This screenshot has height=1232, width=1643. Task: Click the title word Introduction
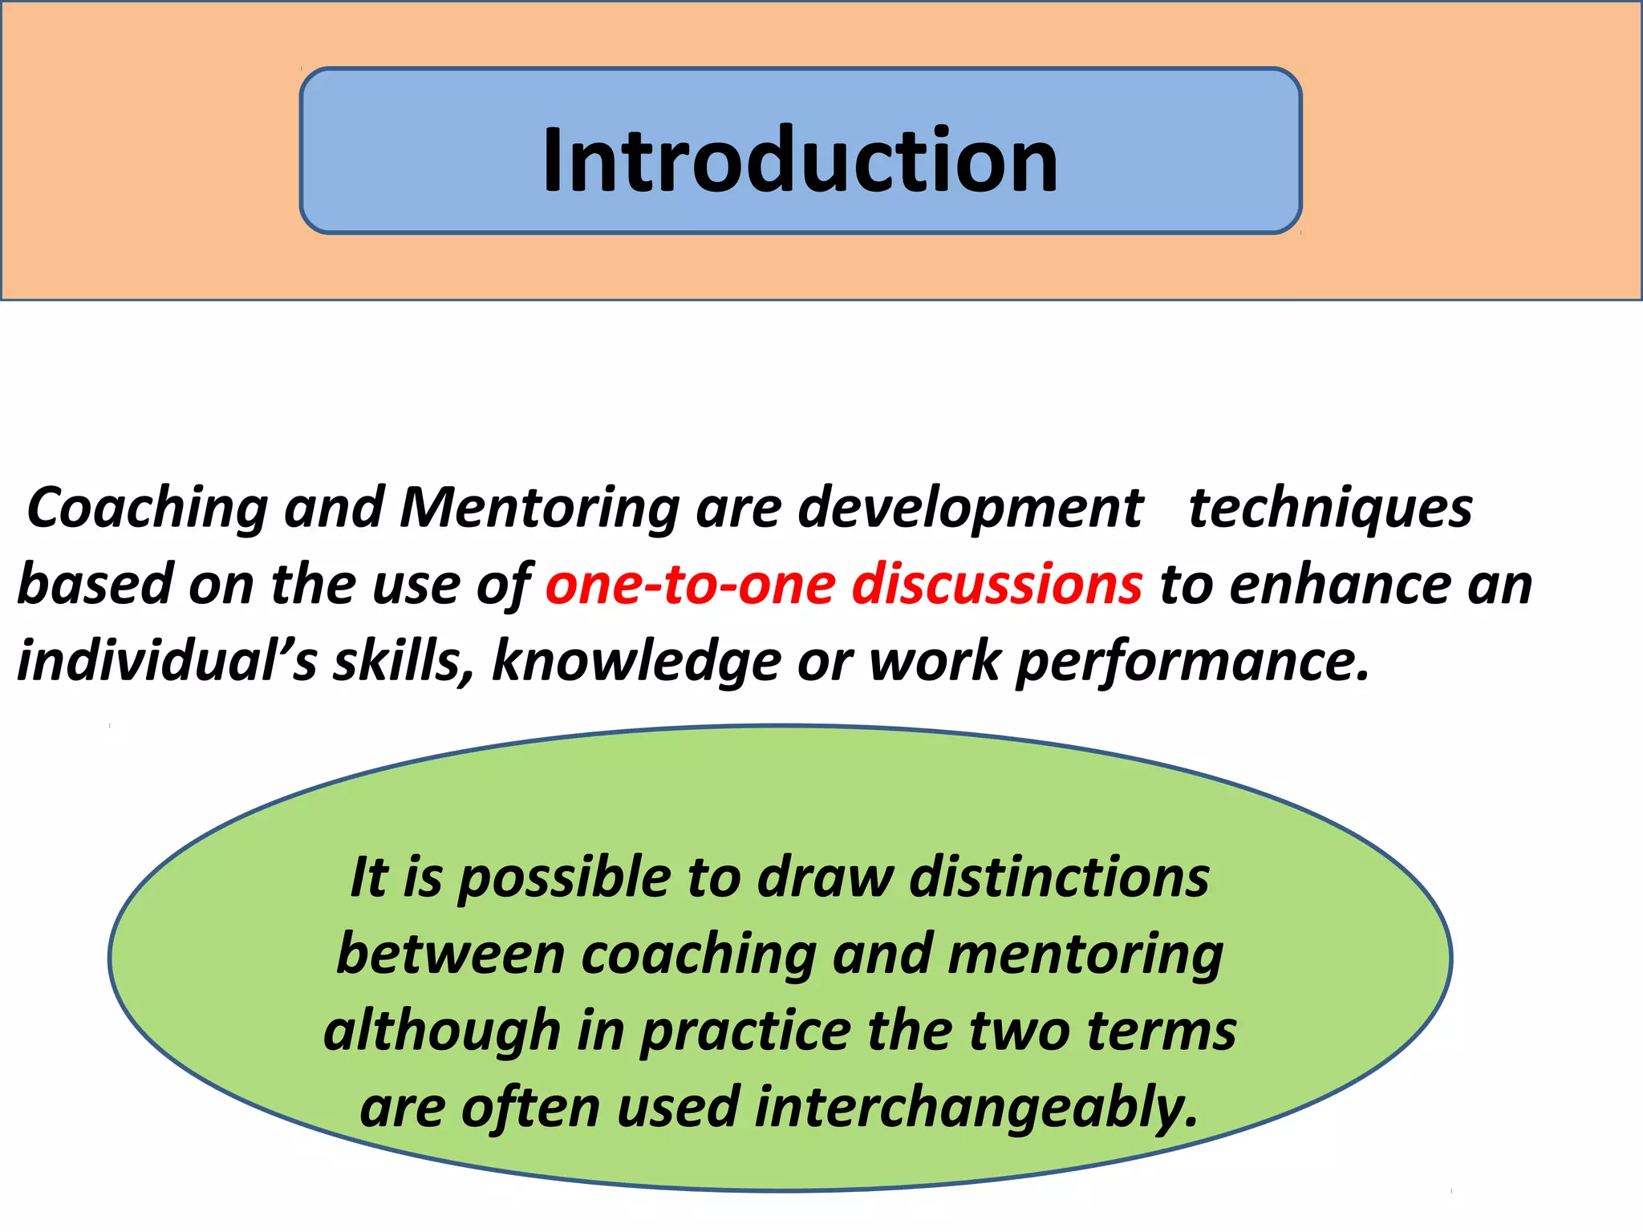pos(800,161)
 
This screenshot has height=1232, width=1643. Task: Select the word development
pos(970,509)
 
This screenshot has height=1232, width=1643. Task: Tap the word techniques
pos(1330,509)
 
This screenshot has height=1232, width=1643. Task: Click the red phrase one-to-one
pos(690,584)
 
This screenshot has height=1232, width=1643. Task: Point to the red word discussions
pos(996,584)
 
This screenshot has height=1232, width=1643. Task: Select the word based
pos(94,584)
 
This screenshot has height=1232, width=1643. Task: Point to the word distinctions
pos(1059,877)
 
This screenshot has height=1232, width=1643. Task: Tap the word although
pos(442,1031)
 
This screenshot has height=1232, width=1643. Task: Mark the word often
pos(530,1107)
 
